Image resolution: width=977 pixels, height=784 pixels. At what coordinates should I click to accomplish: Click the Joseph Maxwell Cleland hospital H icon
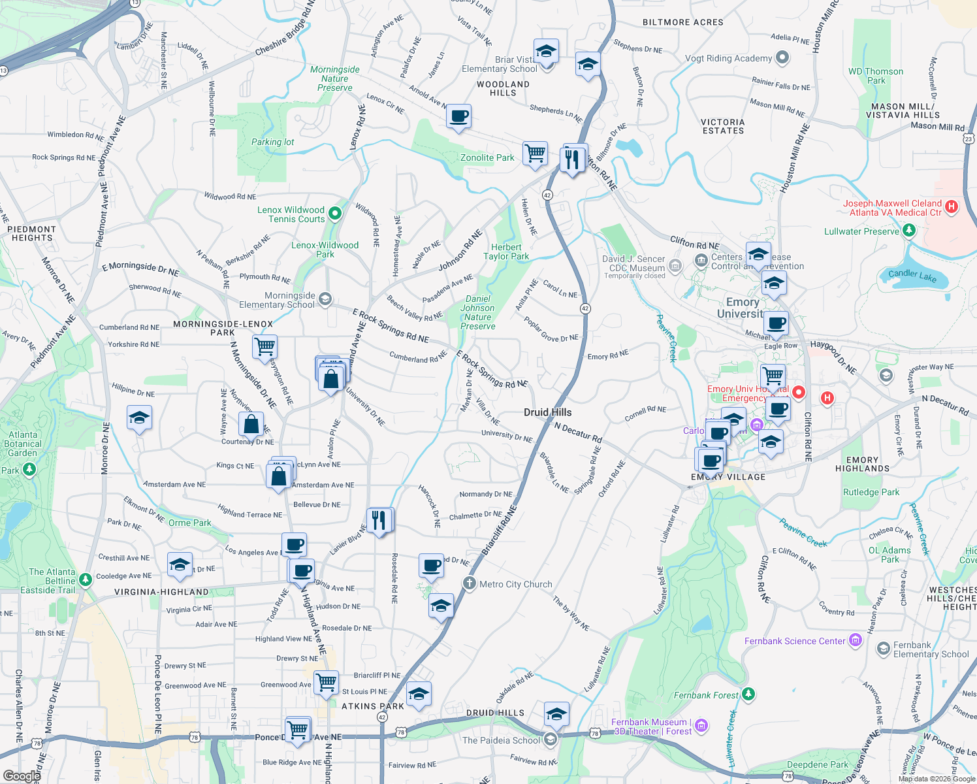pyautogui.click(x=952, y=207)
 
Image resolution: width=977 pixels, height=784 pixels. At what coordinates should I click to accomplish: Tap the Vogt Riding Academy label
pyautogui.click(x=728, y=58)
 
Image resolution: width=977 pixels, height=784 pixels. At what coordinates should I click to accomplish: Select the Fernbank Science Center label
pyautogui.click(x=795, y=641)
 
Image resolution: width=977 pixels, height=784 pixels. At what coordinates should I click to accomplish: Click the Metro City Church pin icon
pyautogui.click(x=469, y=583)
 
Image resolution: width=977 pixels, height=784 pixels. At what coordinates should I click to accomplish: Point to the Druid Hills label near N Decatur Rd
pyautogui.click(x=547, y=412)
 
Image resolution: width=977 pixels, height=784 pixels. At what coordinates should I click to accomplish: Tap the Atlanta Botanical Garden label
pyautogui.click(x=24, y=444)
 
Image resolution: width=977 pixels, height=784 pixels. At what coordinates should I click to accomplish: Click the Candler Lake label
pyautogui.click(x=912, y=276)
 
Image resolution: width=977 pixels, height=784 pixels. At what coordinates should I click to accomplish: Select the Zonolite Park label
pyautogui.click(x=487, y=157)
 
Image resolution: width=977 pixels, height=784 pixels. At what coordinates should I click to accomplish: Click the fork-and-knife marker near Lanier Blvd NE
pyautogui.click(x=379, y=521)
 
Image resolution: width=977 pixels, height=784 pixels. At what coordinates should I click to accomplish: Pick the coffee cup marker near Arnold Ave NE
pyautogui.click(x=458, y=117)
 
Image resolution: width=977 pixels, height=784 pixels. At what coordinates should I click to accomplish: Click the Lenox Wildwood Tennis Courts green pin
pyautogui.click(x=335, y=213)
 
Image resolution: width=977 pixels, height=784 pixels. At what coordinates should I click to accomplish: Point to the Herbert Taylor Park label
pyautogui.click(x=506, y=252)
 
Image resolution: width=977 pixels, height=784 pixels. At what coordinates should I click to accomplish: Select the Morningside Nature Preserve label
pyautogui.click(x=335, y=78)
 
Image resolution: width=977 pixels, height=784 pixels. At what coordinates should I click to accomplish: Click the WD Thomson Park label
pyautogui.click(x=876, y=76)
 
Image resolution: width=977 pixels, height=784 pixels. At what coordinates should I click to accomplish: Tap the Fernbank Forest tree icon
pyautogui.click(x=748, y=694)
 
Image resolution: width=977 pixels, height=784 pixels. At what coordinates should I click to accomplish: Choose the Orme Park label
pyautogui.click(x=189, y=523)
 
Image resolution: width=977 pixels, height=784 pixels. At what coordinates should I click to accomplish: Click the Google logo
pyautogui.click(x=22, y=776)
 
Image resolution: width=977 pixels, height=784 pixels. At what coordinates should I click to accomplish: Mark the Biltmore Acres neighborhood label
pyautogui.click(x=682, y=22)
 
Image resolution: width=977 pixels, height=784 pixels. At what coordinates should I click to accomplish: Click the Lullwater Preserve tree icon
pyautogui.click(x=908, y=231)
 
